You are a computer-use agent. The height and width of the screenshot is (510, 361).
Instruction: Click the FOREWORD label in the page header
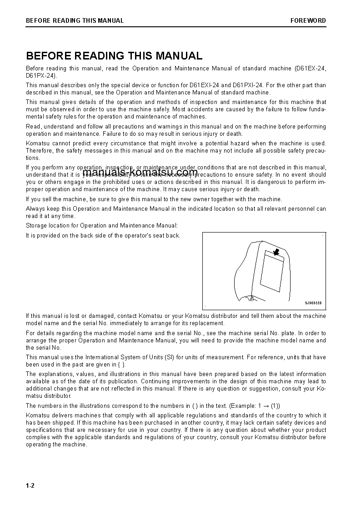tap(308, 20)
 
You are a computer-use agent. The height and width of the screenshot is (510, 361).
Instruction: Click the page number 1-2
tap(30, 485)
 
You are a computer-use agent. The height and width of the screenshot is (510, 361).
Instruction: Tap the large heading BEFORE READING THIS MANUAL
tap(114, 56)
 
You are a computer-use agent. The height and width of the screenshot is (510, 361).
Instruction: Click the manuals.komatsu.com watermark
tap(140, 173)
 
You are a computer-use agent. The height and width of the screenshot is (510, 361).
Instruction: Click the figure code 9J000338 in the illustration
tap(313, 303)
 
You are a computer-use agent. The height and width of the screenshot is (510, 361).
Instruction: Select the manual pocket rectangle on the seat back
tap(271, 275)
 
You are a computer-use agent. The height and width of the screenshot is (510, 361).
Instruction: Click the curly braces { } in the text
tap(120, 365)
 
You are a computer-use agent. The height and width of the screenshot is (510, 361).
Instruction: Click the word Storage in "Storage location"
tap(36, 226)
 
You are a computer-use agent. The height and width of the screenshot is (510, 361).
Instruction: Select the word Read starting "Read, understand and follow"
tap(33, 127)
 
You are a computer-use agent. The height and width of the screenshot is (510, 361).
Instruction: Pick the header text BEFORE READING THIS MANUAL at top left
tap(75, 20)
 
